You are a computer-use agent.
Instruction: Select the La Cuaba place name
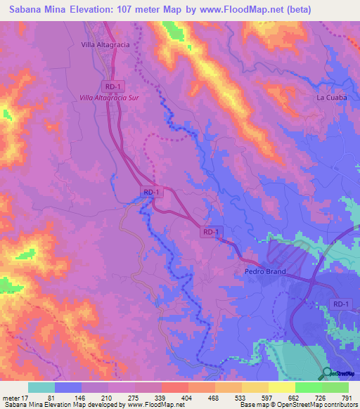click(331, 98)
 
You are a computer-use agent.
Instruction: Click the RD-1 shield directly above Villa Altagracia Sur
click(111, 86)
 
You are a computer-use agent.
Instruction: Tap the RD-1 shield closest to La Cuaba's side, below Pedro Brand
click(341, 303)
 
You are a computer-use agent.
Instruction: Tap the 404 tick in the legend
click(187, 398)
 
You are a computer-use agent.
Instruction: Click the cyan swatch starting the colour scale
click(41, 387)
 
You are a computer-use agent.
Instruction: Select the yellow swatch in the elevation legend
click(282, 387)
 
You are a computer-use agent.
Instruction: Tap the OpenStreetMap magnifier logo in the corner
click(327, 374)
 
